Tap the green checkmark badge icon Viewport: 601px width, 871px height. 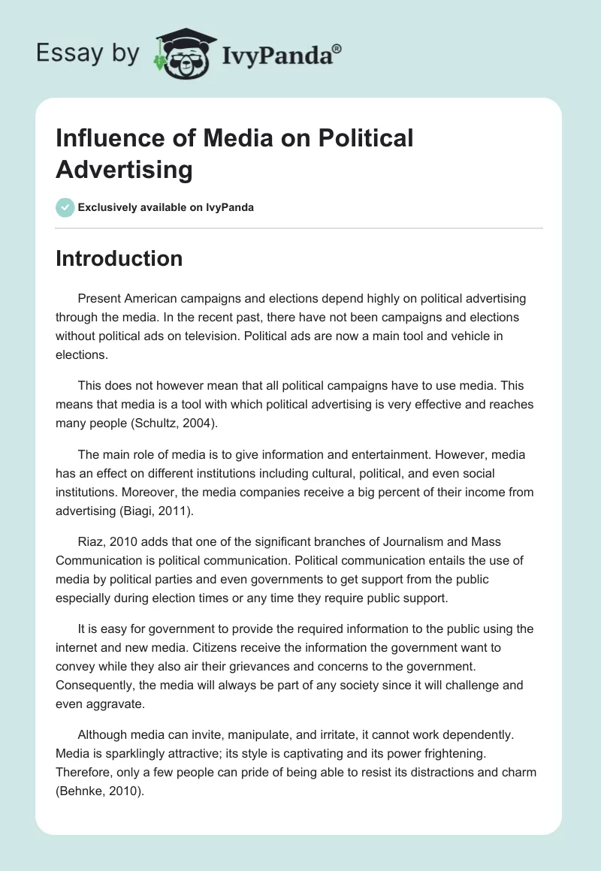[x=65, y=207]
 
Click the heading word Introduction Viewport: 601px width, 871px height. [x=119, y=258]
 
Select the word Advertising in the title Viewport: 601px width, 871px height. [x=124, y=170]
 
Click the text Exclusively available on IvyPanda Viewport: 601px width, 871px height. [x=165, y=207]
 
